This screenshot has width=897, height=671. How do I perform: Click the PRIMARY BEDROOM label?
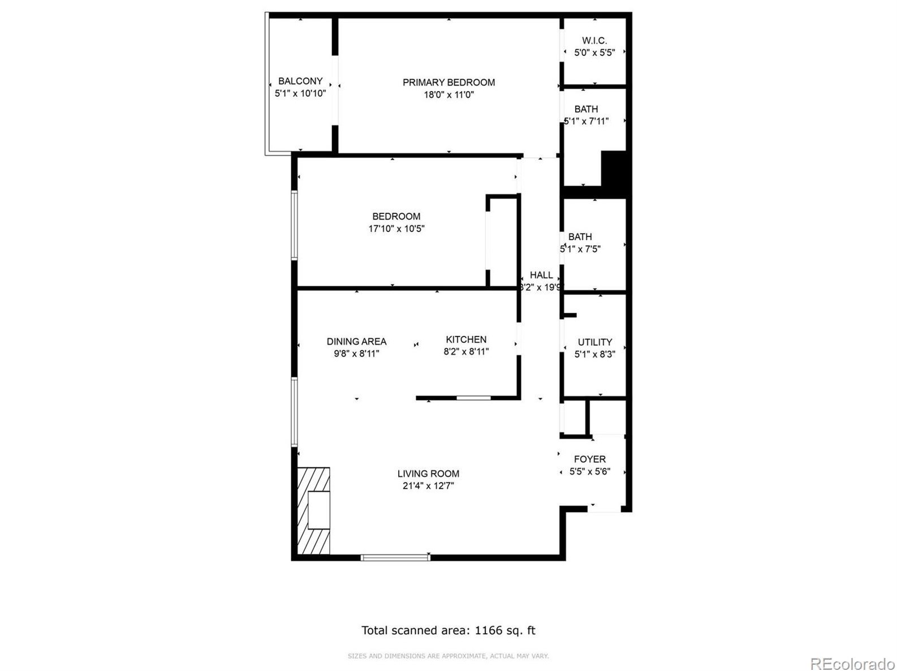point(448,83)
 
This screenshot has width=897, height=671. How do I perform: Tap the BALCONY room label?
point(300,81)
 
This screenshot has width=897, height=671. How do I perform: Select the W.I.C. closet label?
point(594,41)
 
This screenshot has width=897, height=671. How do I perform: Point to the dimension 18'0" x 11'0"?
point(448,95)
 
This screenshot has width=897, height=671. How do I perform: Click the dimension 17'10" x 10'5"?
point(396,229)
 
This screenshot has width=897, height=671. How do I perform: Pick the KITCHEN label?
point(466,339)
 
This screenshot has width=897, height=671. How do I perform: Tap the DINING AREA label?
point(356,342)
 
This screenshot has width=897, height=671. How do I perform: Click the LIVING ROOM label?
point(428,474)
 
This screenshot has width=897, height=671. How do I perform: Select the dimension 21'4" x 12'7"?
point(428,486)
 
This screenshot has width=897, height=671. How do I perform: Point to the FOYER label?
point(589,459)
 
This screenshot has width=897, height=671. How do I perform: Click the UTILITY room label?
point(594,342)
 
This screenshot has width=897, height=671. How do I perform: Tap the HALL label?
point(541,275)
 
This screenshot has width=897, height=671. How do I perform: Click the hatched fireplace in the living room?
point(313,510)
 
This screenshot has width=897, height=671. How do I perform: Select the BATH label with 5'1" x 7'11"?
point(586,109)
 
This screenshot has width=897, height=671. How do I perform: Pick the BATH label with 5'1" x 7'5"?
point(580,237)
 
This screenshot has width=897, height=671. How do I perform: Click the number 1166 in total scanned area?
point(489,630)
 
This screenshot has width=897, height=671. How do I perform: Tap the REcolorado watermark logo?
point(852,663)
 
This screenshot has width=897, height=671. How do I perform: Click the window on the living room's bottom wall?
point(395,558)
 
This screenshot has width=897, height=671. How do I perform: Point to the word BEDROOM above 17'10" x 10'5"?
point(396,217)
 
